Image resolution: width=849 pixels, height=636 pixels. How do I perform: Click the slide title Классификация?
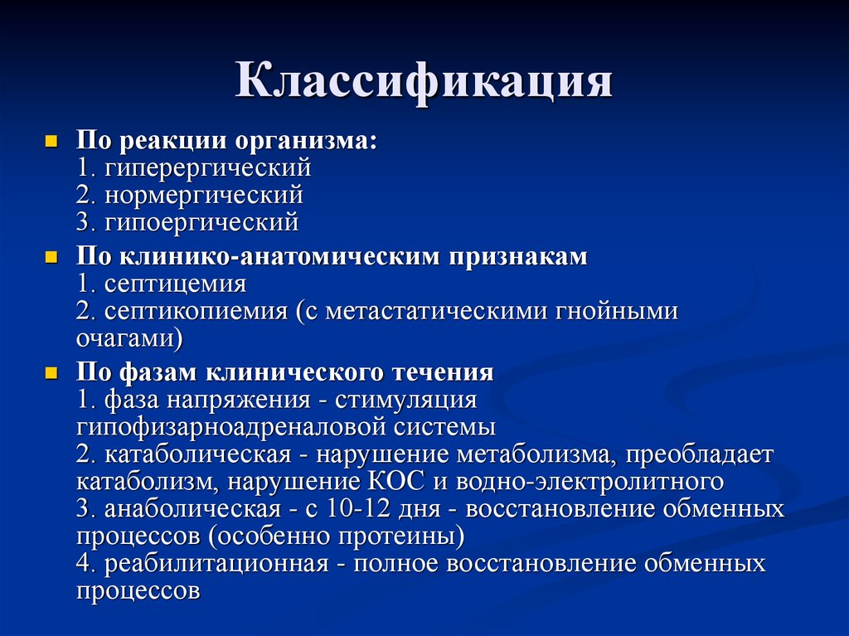[x=424, y=84]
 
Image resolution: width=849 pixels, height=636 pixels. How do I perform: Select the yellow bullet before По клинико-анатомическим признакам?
[x=51, y=257]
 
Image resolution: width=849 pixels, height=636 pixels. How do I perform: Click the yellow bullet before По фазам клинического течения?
[x=51, y=373]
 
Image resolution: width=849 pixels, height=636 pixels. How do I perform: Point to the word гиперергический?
[x=207, y=168]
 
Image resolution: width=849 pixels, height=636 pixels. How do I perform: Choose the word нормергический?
[x=203, y=196]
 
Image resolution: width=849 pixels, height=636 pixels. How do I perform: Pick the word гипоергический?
[x=201, y=223]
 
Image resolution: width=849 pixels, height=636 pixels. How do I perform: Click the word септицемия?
[x=175, y=284]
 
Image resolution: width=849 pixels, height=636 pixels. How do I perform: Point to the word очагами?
[x=124, y=339]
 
